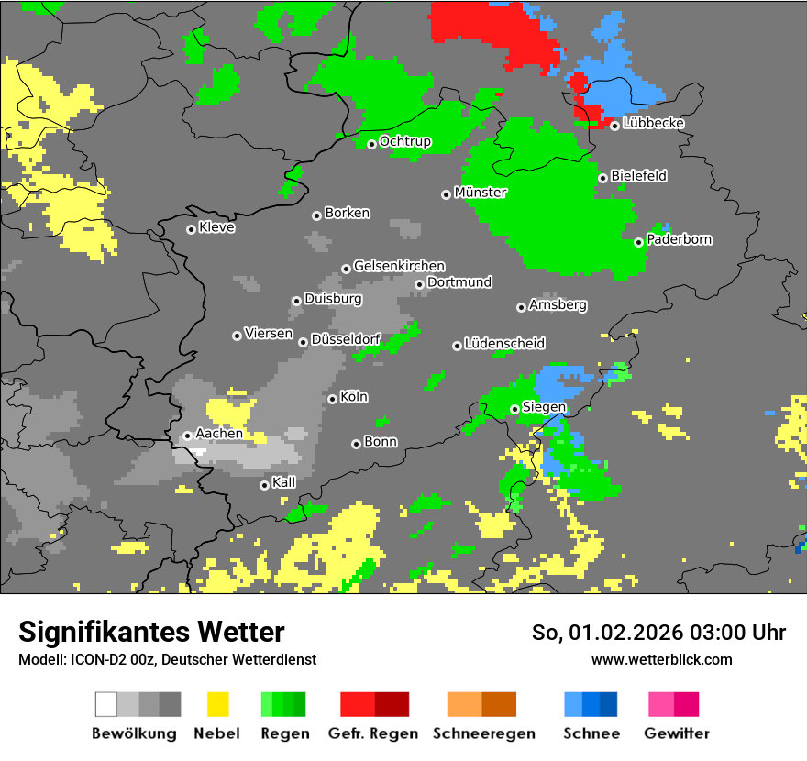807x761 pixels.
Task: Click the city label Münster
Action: coord(481,193)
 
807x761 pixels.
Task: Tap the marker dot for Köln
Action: coord(332,399)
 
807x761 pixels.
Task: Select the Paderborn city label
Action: coord(680,239)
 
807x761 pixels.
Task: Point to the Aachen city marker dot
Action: coord(187,436)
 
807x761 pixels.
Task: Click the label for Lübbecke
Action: coord(653,123)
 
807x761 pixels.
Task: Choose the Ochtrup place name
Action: coord(405,141)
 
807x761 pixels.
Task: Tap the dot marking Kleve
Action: coord(191,229)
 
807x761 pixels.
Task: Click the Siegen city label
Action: coord(544,407)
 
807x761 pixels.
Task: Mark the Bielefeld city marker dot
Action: coord(602,178)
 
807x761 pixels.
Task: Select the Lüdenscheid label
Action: coord(504,343)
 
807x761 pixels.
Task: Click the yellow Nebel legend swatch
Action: coord(217,704)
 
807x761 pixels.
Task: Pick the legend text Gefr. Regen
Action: coord(373,733)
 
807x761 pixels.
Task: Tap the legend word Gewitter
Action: coord(677,733)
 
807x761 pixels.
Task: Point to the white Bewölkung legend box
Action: coord(106,704)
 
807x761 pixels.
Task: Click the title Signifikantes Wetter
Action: coord(151,632)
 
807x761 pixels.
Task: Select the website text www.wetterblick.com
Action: coord(661,659)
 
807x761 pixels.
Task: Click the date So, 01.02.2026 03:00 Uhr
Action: coord(658,633)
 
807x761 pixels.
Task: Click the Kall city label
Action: coord(284,482)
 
